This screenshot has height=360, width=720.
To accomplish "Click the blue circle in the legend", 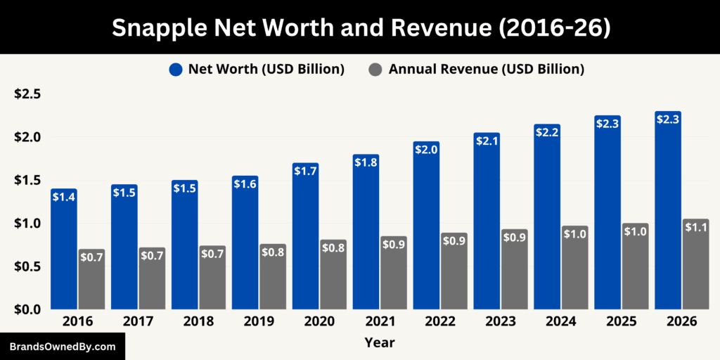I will point(175,69).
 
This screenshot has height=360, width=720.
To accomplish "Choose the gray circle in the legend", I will point(375,69).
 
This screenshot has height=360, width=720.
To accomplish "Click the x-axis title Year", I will point(379,343).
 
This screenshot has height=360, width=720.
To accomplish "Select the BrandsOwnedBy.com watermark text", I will point(63,347).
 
